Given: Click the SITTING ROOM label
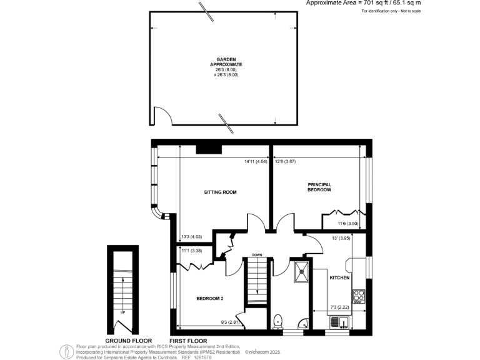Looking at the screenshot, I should [221, 192].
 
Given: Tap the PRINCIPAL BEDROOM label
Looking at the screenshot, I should [319, 187].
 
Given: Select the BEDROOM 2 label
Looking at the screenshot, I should [209, 299].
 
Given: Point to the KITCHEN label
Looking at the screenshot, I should [339, 277].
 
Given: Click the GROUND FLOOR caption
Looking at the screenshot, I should [129, 340].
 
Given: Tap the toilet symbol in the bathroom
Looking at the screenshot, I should [279, 320].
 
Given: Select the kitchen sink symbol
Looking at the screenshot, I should [341, 322].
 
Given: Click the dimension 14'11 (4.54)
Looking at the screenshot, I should [256, 162].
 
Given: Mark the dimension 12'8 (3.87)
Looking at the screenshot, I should [285, 162].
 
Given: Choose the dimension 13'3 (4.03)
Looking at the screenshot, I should [191, 236].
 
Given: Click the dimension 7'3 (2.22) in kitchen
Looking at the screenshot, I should [341, 307].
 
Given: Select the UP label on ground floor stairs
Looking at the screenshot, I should [122, 312].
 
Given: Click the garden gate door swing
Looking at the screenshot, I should [161, 116].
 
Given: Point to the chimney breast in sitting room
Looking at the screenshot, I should [208, 149].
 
